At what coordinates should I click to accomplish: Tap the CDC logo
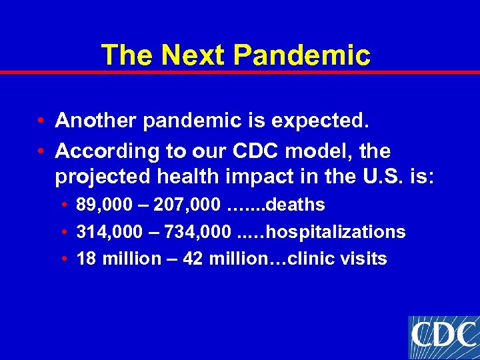(x=443, y=337)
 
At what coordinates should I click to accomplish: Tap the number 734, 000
(x=191, y=232)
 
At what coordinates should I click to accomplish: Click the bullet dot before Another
(x=41, y=121)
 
